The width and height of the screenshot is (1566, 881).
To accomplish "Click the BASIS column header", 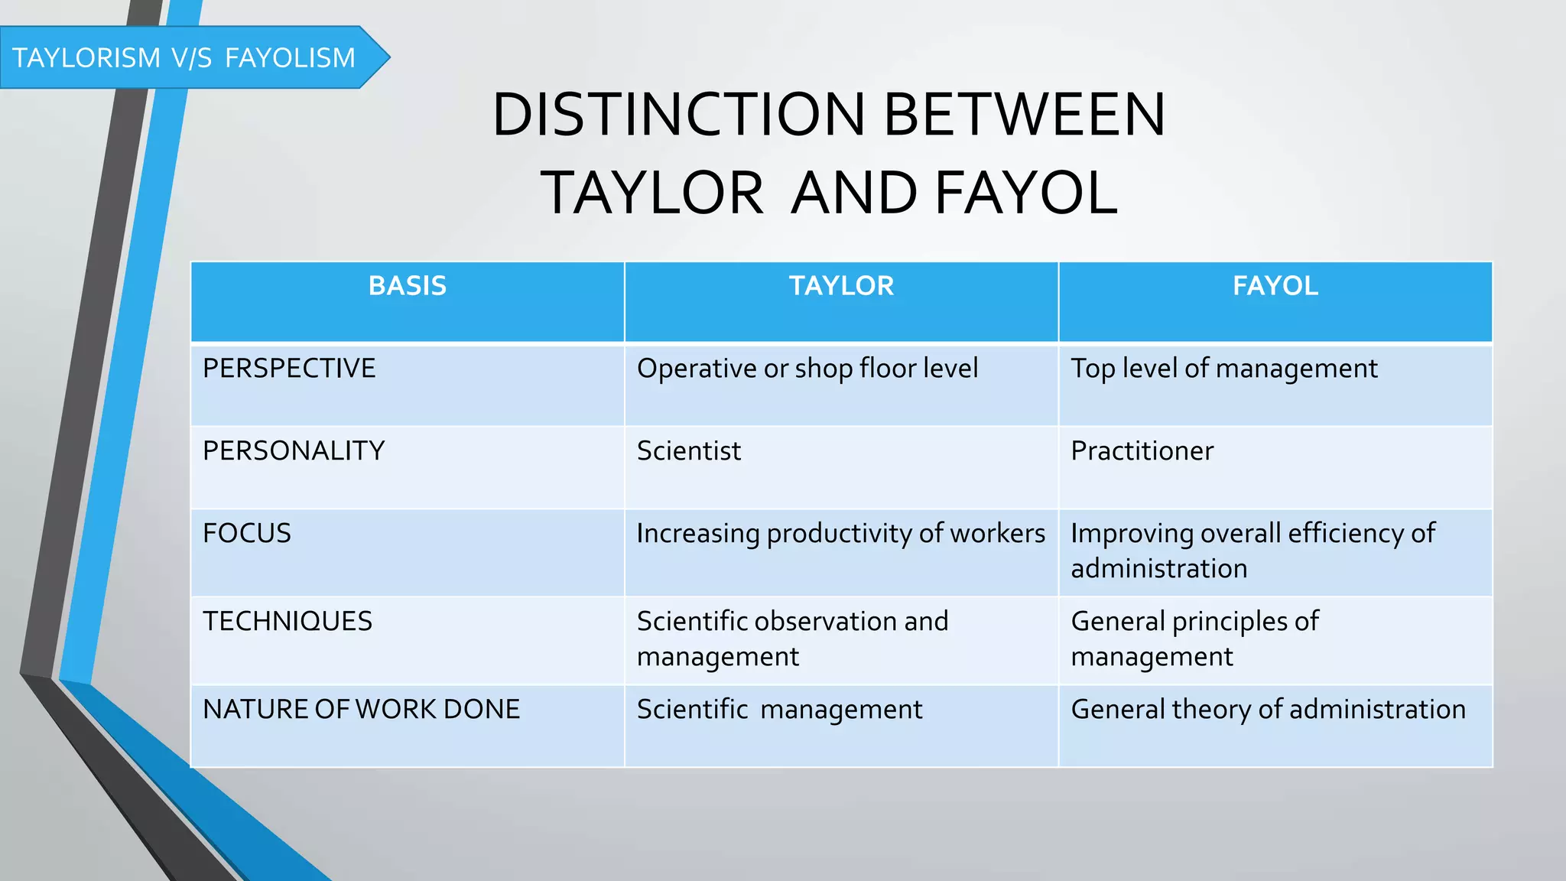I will [407, 286].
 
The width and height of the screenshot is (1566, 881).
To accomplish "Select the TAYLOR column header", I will [841, 286].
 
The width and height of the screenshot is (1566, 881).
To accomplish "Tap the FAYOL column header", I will [1275, 286].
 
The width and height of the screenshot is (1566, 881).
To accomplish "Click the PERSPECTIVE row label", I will [289, 369].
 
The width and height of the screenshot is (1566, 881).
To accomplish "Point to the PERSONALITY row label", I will [294, 451].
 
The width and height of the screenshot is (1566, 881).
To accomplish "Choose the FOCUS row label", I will [247, 534].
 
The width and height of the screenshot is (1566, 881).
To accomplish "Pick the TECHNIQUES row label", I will [288, 622].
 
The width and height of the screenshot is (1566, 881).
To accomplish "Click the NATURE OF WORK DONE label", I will [361, 710].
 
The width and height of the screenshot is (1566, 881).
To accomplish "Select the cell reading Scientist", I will [689, 451].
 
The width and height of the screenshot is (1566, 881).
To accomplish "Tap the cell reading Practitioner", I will [1142, 451].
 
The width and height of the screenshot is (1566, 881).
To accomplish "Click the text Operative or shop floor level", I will [807, 369].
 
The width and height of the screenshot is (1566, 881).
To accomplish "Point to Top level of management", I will [1223, 369].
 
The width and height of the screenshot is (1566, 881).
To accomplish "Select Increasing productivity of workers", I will [840, 534].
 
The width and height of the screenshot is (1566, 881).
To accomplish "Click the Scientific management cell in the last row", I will [779, 710].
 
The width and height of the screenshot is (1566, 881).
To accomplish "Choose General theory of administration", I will [1268, 710].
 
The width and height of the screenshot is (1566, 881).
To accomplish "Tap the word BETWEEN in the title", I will [1025, 115].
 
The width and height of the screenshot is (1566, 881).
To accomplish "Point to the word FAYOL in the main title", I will [1026, 193].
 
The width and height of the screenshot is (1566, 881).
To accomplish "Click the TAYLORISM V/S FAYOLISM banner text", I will [184, 58].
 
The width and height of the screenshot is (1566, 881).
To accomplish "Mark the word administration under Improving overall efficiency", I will [1158, 569].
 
